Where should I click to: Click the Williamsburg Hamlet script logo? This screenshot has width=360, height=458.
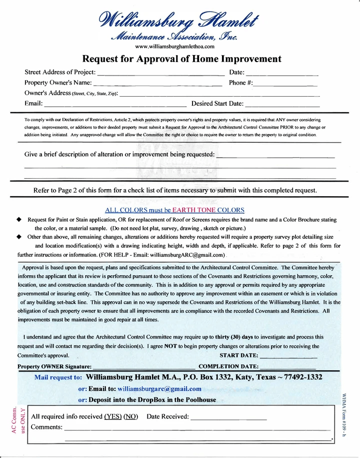180,23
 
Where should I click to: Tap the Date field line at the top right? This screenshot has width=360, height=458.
282,74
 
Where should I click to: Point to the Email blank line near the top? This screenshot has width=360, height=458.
115,106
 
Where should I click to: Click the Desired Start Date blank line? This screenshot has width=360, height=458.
282,106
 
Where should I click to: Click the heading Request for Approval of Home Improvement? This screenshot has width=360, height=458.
181,59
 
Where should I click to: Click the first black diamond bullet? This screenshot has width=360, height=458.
19,220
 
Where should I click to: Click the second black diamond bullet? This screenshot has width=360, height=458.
19,237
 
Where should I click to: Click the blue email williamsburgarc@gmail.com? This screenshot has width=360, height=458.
159,388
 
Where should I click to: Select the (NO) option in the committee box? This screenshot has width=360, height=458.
130,416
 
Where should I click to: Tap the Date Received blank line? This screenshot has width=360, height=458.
228,418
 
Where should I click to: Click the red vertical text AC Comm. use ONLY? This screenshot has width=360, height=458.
19,420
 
